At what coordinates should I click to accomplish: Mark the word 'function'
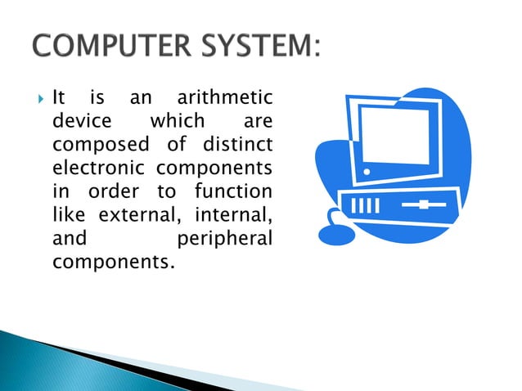pos(233,193)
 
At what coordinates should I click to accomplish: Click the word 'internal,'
pos(233,217)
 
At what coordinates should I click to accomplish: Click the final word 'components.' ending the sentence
pos(113,264)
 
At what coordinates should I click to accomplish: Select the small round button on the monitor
pos(367,172)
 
